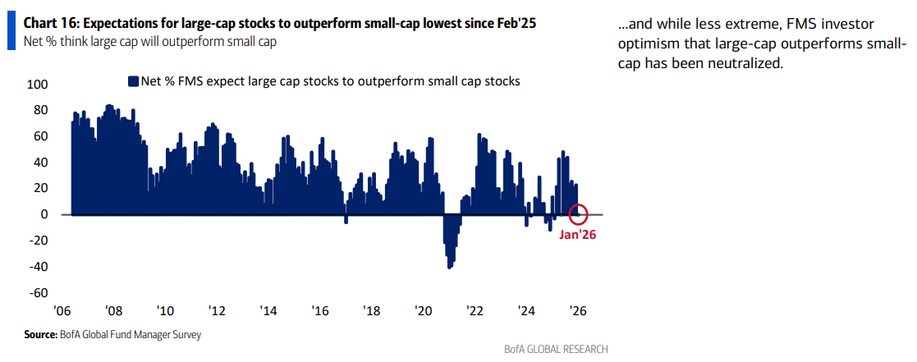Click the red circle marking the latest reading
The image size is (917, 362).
click(x=578, y=213)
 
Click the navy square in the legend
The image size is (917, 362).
click(x=132, y=81)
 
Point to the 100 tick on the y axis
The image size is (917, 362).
click(x=38, y=85)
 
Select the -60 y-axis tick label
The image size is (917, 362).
click(x=38, y=293)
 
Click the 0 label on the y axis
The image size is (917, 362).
click(x=44, y=214)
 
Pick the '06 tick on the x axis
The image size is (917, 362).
click(x=62, y=312)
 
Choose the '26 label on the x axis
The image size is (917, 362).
click(x=578, y=312)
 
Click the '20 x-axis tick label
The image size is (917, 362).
click(x=423, y=312)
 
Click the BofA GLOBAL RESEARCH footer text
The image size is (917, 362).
click(x=557, y=349)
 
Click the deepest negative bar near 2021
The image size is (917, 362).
click(x=449, y=267)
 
